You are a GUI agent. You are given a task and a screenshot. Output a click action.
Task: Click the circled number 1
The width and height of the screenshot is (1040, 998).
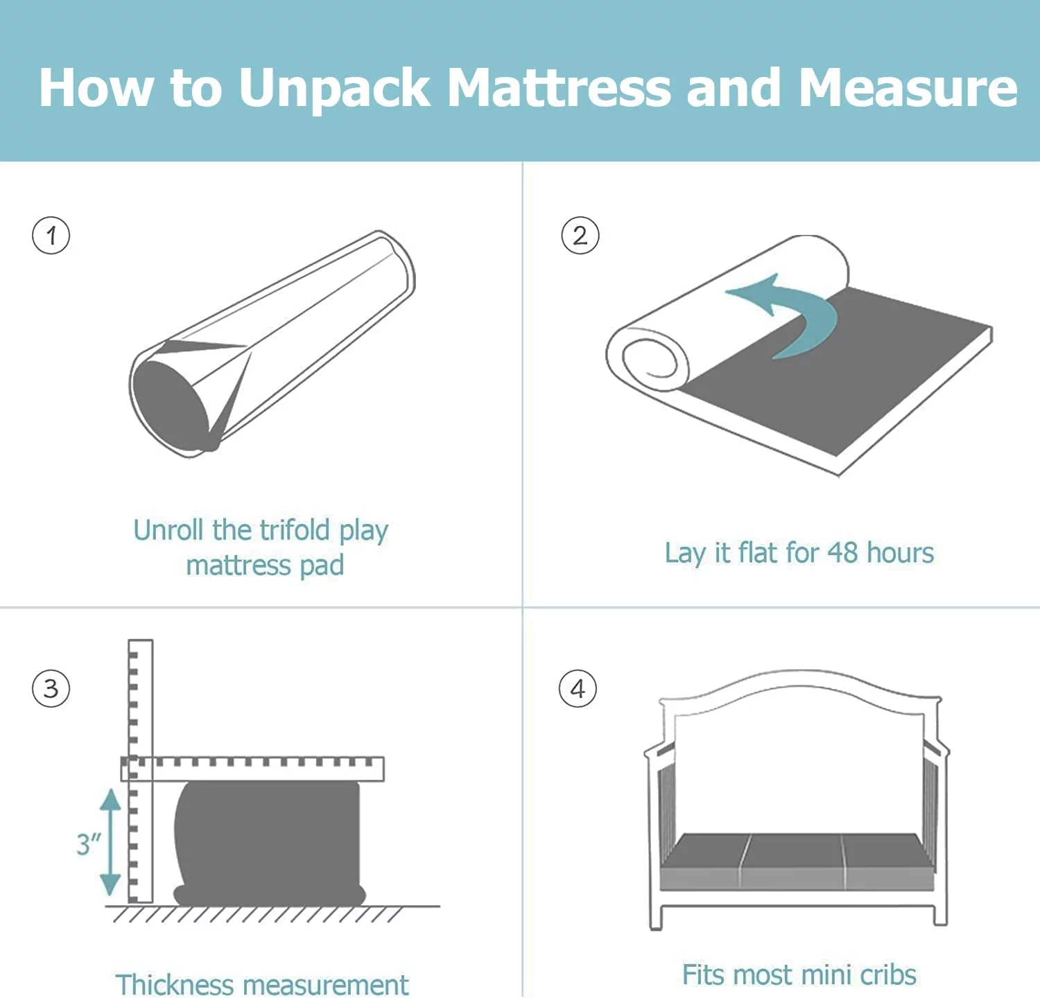click(51, 236)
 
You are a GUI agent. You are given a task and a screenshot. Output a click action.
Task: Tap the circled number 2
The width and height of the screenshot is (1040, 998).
click(580, 236)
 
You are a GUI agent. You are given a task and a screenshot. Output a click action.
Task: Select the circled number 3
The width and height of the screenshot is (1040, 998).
click(51, 689)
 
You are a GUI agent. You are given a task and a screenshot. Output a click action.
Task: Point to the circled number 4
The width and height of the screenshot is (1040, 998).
click(578, 689)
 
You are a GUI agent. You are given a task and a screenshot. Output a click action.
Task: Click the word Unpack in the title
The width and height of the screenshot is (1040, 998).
click(334, 89)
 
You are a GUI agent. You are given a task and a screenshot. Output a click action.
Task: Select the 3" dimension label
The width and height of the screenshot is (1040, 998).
click(88, 844)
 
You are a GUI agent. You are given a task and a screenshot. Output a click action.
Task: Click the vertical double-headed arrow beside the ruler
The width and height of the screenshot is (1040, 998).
click(110, 842)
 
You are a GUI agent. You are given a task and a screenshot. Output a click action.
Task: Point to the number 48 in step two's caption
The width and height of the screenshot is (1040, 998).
click(842, 553)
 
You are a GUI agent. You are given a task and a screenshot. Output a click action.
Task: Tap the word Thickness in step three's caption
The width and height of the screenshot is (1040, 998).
click(175, 985)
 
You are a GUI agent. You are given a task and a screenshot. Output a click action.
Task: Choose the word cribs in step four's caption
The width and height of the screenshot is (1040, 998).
click(888, 974)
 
